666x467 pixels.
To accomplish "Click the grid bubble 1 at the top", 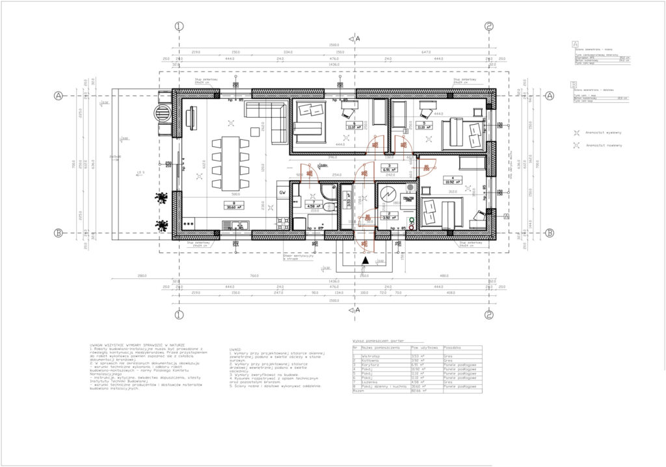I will [180, 27].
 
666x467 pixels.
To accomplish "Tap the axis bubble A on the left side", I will [59, 96].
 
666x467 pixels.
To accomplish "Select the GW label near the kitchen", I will [282, 193].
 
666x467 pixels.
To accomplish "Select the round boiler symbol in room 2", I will [388, 196].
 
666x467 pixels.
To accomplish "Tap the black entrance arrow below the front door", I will [366, 260].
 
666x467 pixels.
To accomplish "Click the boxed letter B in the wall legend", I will [574, 84].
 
